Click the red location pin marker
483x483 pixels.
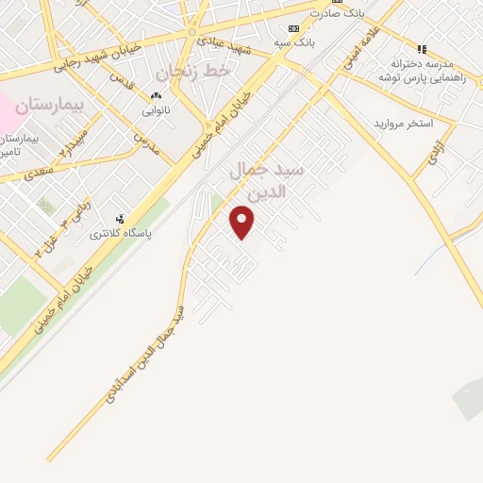pos(242,223)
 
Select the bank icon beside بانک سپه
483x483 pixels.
pos(293,28)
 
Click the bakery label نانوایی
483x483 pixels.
pos(156,110)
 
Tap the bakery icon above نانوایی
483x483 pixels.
pos(156,96)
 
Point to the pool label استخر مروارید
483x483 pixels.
pos(403,124)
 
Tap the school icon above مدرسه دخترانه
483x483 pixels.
pos(422,48)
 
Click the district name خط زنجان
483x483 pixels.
pos(192,71)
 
